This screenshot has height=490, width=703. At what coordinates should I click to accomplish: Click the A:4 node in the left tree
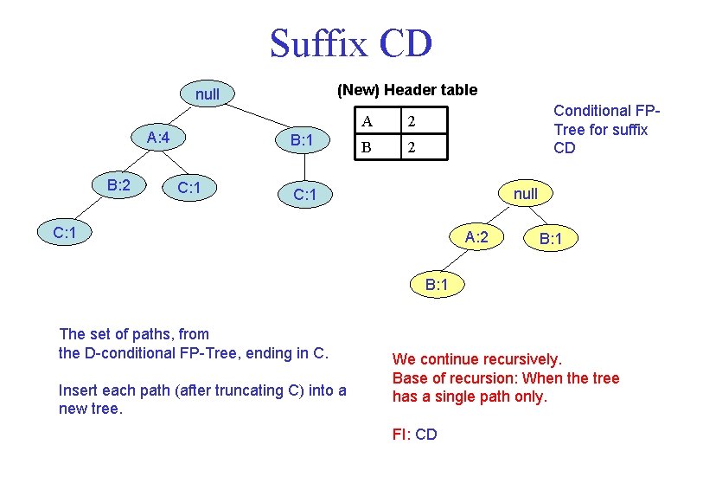tap(163, 138)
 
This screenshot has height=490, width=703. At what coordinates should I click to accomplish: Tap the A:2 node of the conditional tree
tap(476, 236)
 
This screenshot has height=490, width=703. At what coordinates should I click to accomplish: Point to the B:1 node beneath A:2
tap(437, 285)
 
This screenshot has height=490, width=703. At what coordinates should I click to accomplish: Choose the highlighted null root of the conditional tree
tap(525, 194)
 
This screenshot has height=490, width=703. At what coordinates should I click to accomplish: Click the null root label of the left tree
tap(208, 93)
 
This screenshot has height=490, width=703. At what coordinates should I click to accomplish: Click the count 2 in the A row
tap(412, 120)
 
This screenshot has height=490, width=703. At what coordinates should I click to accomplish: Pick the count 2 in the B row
tap(412, 147)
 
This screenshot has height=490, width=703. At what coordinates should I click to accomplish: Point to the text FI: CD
tap(415, 434)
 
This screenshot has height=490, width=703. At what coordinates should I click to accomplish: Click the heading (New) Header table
tap(406, 90)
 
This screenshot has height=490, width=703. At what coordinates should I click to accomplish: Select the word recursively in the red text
tap(519, 358)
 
